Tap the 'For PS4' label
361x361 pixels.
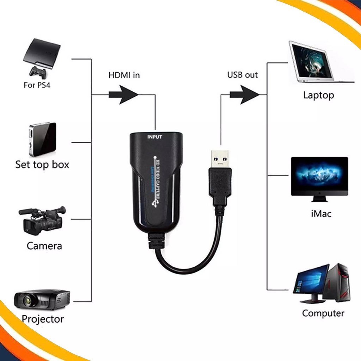coord(40,86)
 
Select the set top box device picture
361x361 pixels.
coord(42,139)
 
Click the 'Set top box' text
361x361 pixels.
coord(42,164)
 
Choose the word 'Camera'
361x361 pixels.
coord(44,246)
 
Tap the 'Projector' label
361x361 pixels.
coord(43,319)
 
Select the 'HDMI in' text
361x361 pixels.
coord(124,75)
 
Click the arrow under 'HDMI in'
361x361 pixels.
coord(123,94)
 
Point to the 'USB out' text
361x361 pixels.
coord(242,75)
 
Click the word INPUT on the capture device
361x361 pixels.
coord(154,137)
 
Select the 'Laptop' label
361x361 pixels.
coord(318,95)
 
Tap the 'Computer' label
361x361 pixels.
coord(323,313)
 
